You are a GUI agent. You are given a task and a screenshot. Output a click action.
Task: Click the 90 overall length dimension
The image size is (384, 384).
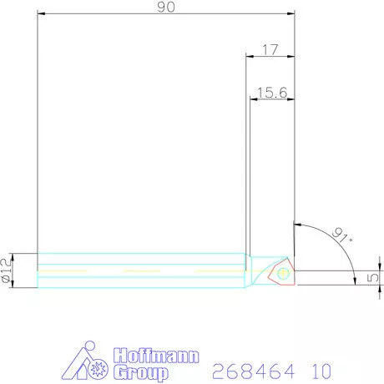tap(166, 7)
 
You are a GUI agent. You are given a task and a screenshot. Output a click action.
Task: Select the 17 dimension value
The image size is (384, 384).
tap(270, 49)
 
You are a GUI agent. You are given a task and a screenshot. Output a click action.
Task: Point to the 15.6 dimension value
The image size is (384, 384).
tap(271, 93)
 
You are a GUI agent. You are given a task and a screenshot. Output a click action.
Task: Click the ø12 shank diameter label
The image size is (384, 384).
tap(8, 270)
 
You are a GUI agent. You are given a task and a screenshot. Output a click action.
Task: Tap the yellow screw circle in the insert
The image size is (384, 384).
tap(283, 270)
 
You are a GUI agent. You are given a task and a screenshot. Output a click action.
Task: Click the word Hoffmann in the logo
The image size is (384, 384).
tap(154, 356)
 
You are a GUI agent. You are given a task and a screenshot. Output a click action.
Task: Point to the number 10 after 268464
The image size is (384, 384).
tap(321, 370)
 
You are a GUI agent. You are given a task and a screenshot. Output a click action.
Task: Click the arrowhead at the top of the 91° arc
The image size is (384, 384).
tap(297, 225)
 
